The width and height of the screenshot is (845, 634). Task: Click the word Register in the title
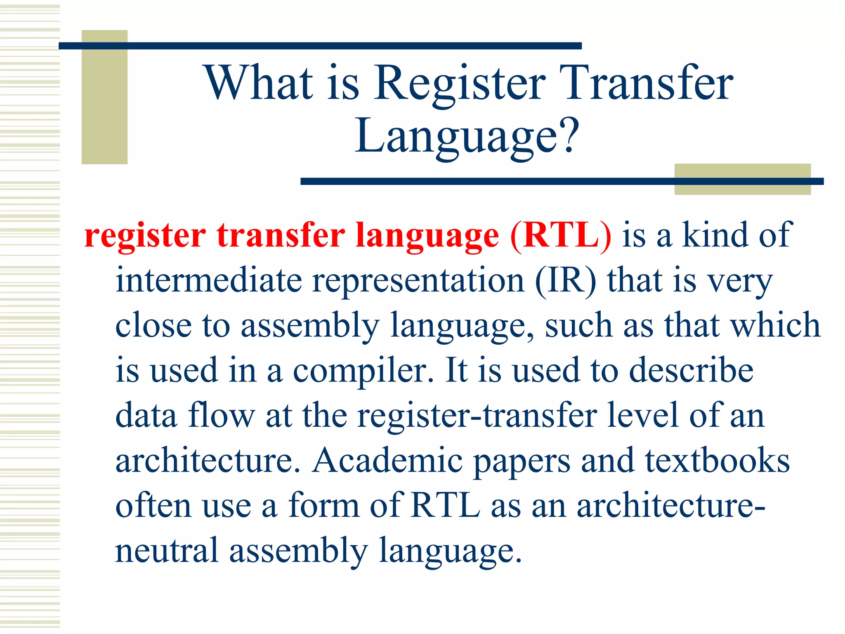coord(460,85)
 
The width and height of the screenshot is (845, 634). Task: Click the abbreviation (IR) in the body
coord(566,281)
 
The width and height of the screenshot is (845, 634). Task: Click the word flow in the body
coord(222,415)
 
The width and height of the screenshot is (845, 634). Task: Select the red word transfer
coord(281,235)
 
